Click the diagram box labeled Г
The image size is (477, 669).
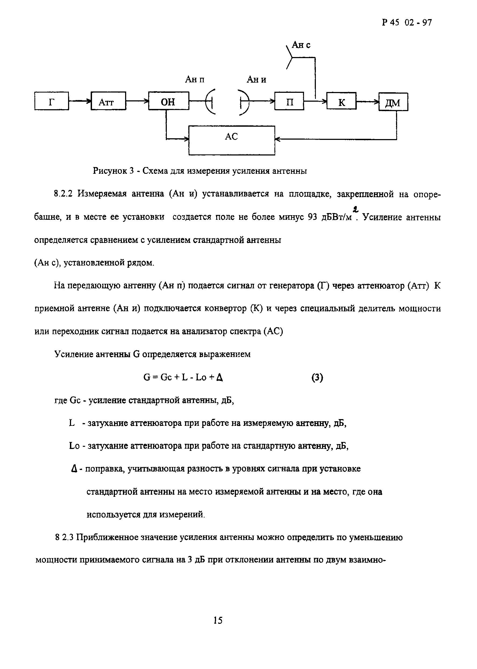click(51, 101)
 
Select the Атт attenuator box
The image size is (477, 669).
click(108, 101)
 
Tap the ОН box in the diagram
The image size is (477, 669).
click(168, 101)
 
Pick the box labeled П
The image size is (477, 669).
click(289, 101)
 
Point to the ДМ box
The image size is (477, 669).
click(393, 102)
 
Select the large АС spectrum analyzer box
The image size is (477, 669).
click(231, 140)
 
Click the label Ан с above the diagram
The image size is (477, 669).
click(301, 45)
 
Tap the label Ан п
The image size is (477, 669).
click(195, 79)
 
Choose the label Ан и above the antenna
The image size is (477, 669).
click(256, 79)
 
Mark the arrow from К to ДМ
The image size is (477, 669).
click(368, 102)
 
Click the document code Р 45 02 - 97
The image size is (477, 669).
click(407, 23)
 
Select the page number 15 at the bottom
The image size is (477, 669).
click(218, 620)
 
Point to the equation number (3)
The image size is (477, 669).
click(317, 377)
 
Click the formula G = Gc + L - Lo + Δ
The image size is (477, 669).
click(183, 377)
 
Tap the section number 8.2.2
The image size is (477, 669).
click(63, 194)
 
